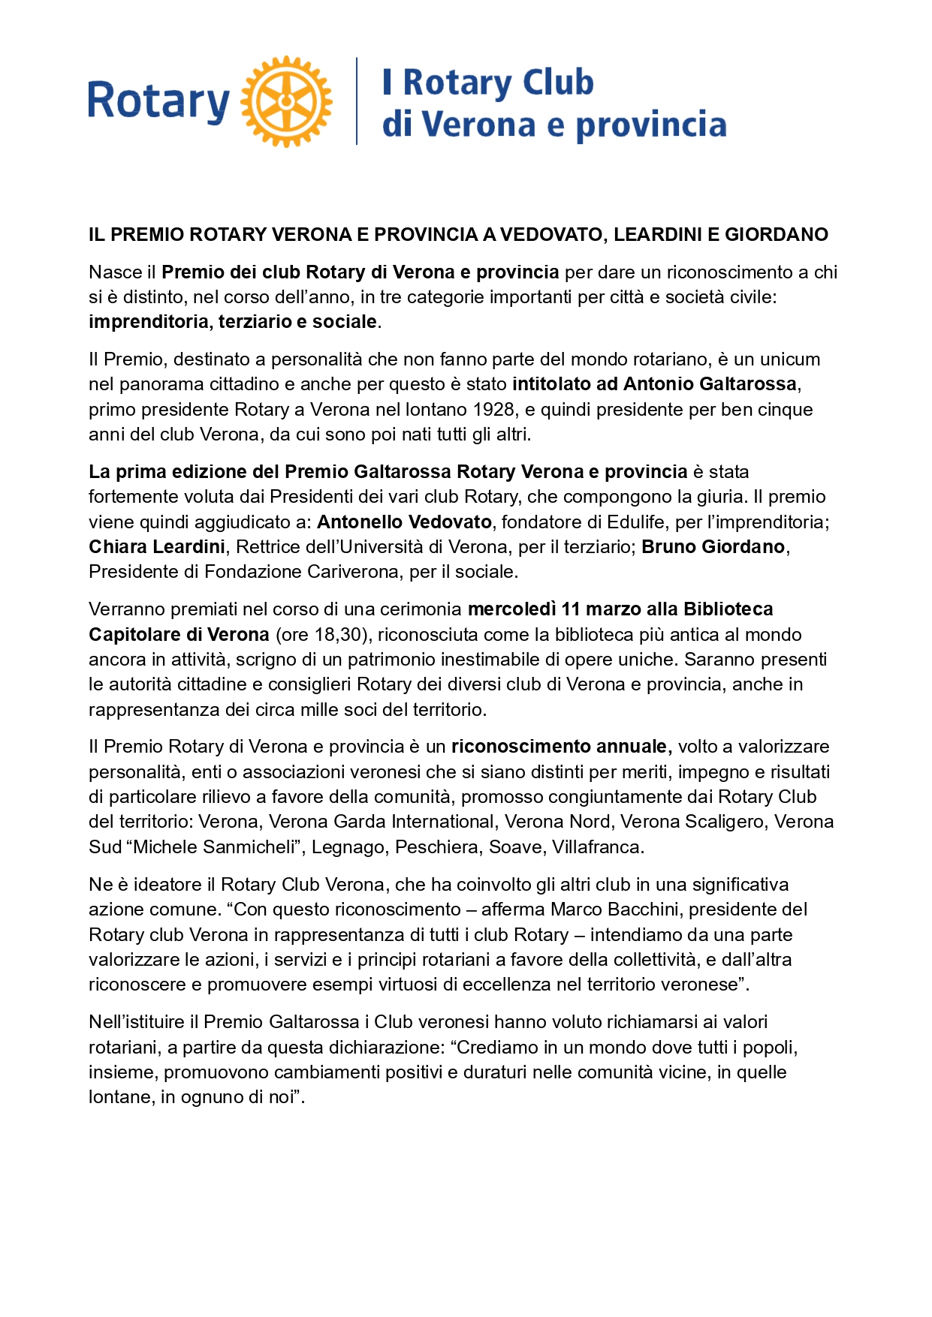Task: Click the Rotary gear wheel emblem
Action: (286, 101)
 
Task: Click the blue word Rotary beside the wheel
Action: (158, 102)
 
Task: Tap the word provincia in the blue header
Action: (650, 125)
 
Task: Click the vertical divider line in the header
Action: (357, 101)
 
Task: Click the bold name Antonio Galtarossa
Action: (710, 384)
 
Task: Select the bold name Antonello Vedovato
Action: (404, 522)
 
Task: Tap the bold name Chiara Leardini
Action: (157, 547)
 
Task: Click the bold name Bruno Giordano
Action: (713, 547)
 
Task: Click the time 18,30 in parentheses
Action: (337, 635)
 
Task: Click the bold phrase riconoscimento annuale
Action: (559, 747)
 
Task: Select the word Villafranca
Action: (597, 847)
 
